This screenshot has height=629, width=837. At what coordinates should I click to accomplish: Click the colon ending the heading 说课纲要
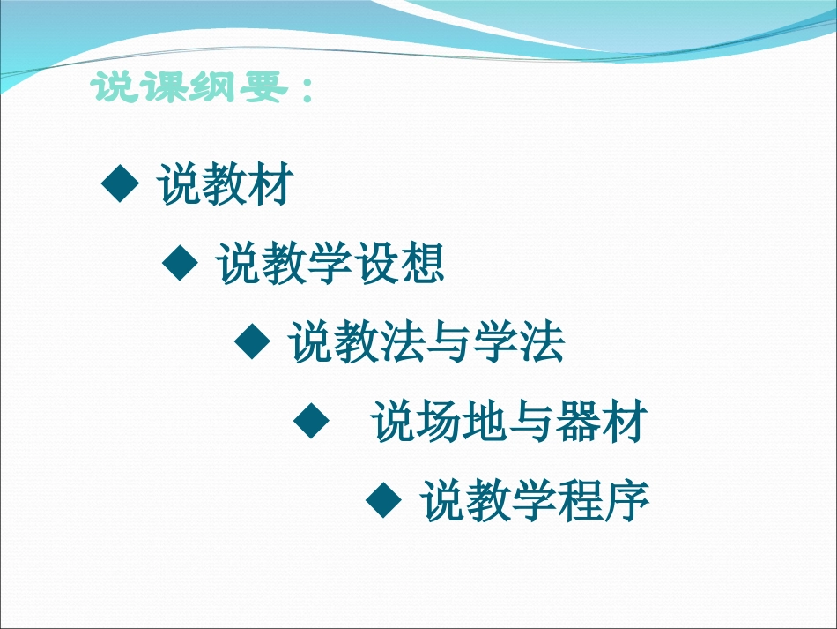click(305, 90)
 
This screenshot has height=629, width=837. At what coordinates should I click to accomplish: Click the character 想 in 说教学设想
click(420, 264)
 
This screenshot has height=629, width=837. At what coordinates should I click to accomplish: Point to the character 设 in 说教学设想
click(375, 264)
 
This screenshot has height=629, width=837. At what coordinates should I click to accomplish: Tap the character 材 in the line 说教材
click(268, 185)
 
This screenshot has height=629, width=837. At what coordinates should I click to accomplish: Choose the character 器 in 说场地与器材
click(580, 423)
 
